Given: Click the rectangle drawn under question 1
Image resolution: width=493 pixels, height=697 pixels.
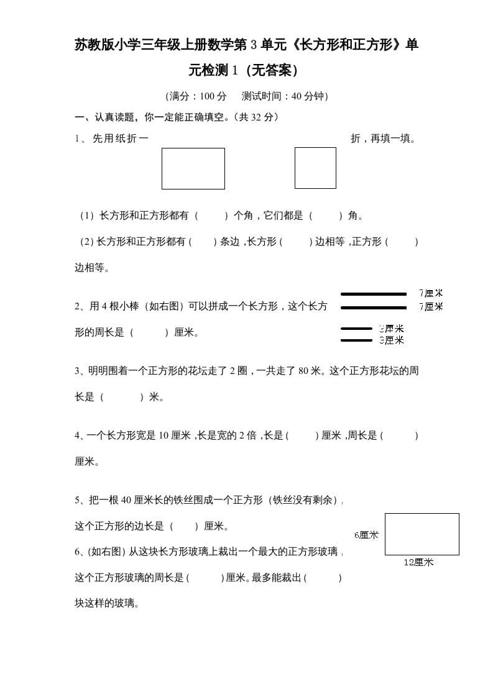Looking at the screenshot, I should pos(193,168).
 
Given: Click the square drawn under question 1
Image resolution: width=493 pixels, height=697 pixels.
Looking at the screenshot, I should pos(315,168).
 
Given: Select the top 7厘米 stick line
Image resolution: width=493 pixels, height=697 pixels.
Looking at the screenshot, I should pos(373,294).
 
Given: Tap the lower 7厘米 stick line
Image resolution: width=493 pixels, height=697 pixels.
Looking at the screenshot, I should pos(373,307).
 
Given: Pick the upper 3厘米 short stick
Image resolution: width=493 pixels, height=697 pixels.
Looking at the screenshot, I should pos(356,329).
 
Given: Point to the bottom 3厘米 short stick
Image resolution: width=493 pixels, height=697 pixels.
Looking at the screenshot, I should pos(356,340).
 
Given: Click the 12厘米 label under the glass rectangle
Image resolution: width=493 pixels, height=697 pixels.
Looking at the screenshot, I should pos(418,563).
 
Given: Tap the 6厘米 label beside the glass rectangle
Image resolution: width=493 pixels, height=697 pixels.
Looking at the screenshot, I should pos(366,535).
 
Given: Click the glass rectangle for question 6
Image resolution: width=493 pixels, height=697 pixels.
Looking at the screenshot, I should pos(422,534).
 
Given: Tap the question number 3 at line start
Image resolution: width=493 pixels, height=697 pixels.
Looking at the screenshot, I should pos(77,371).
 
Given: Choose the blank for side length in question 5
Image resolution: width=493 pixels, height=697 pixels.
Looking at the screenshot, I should pos(183,526).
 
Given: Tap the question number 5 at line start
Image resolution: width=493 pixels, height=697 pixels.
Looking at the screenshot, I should pos(77,500).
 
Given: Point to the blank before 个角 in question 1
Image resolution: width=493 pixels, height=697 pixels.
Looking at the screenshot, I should pos(213,216).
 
